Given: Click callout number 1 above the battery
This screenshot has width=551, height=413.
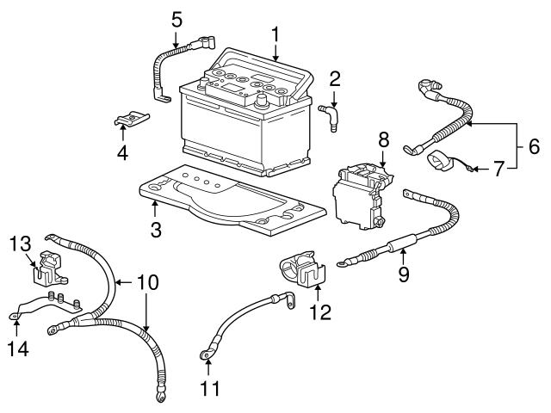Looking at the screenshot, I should [275, 34].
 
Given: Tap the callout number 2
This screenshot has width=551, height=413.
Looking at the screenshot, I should [335, 78].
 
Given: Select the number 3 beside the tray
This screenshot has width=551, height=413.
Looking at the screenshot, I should [155, 229].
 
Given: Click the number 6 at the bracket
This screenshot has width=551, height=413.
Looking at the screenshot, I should [533, 147].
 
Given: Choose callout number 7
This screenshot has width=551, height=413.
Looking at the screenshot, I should [500, 170].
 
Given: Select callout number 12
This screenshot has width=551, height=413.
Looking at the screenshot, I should [319, 312].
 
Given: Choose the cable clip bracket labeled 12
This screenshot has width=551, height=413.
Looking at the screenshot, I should [301, 270].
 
